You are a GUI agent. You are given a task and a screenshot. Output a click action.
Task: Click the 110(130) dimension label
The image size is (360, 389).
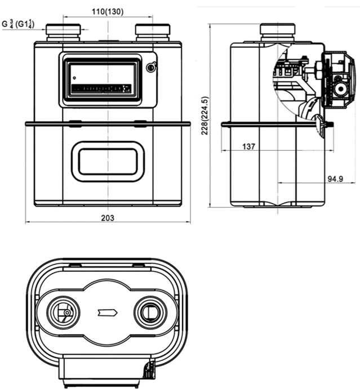(108, 11)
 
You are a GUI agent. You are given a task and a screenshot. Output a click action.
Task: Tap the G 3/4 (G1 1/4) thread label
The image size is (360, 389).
(18, 24)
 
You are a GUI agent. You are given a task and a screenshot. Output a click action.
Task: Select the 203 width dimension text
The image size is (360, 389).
(108, 218)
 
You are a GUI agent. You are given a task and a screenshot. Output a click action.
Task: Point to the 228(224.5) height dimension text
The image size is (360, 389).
(205, 115)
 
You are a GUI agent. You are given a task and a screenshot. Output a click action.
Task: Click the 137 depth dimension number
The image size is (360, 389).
(248, 146)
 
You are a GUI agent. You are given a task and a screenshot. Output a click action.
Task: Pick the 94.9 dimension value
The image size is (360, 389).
(335, 178)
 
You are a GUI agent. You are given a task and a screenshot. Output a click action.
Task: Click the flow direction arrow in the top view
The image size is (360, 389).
(107, 312)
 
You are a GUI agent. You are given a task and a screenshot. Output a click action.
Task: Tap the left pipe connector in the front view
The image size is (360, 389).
(63, 33)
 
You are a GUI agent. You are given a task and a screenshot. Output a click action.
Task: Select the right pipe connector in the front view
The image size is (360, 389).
(153, 33)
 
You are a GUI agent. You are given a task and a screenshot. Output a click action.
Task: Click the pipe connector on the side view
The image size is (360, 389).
(277, 33)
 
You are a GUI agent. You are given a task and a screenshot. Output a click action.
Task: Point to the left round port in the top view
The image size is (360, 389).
(63, 312)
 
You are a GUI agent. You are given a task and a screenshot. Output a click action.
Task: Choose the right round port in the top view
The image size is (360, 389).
(150, 312)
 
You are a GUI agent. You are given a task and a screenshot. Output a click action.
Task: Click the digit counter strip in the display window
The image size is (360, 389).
(101, 88)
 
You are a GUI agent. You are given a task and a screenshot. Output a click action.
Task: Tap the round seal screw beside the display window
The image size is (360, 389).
(151, 67)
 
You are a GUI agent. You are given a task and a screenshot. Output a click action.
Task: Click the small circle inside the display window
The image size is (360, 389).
(74, 78)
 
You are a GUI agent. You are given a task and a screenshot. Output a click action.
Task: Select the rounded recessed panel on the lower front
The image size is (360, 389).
(108, 162)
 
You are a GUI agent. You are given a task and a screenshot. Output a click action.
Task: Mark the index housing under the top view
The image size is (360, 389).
(107, 371)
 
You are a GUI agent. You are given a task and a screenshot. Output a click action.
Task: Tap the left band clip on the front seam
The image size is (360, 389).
(75, 123)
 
